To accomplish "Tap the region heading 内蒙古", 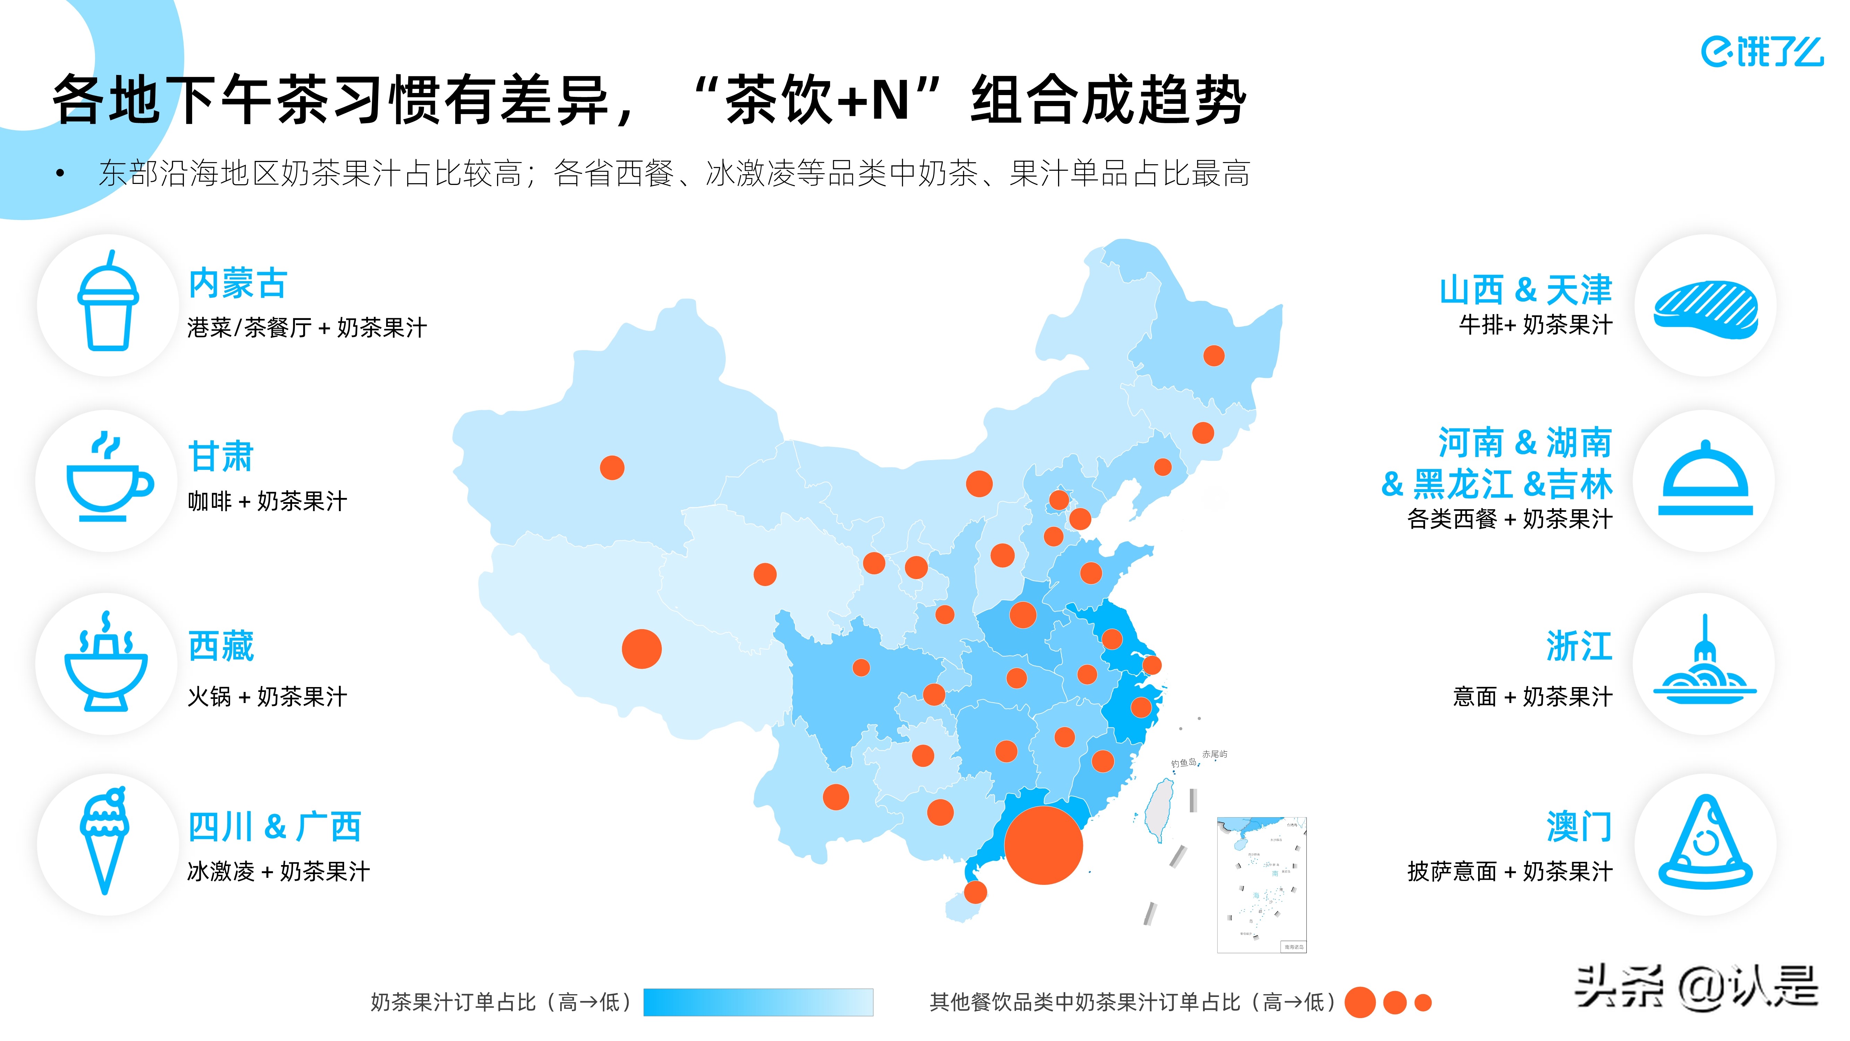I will pyautogui.click(x=238, y=284).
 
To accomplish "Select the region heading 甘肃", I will pyautogui.click(x=221, y=457).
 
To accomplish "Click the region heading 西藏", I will pyautogui.click(x=221, y=646).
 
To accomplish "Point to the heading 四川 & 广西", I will pyautogui.click(x=274, y=827).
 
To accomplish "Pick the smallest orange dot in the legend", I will pyautogui.click(x=1423, y=1003).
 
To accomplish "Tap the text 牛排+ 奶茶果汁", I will pyautogui.click(x=1535, y=325).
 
